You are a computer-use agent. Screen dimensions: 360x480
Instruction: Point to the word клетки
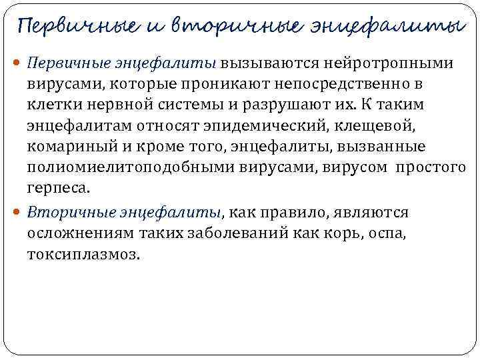[52, 105]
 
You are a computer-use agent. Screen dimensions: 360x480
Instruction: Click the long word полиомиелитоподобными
[116, 167]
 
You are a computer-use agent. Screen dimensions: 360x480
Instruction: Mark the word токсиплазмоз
[84, 254]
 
